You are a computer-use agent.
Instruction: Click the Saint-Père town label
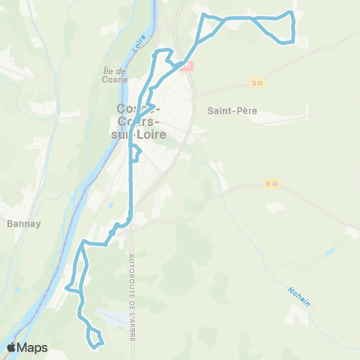(232, 110)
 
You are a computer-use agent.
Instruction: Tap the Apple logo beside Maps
(11, 347)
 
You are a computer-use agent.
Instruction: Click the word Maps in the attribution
(32, 347)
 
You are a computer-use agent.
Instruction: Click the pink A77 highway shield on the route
(187, 66)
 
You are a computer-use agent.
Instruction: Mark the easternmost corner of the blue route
(293, 27)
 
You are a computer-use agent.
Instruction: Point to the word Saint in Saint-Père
(218, 110)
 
